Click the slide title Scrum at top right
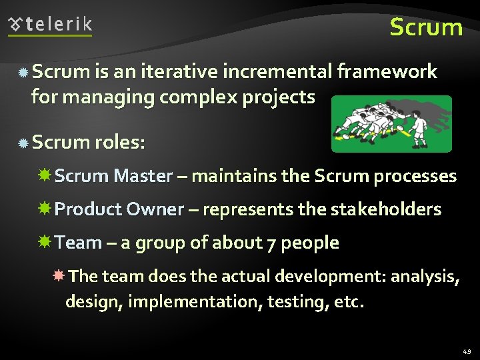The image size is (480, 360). [x=426, y=27]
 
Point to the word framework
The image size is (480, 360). [x=387, y=71]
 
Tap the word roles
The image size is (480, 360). [x=119, y=142]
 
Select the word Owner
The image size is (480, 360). [x=155, y=209]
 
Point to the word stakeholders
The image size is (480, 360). [x=386, y=209]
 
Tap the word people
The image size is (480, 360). [x=310, y=243]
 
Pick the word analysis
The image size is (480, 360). [x=425, y=276]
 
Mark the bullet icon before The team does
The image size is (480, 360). [x=59, y=275]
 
